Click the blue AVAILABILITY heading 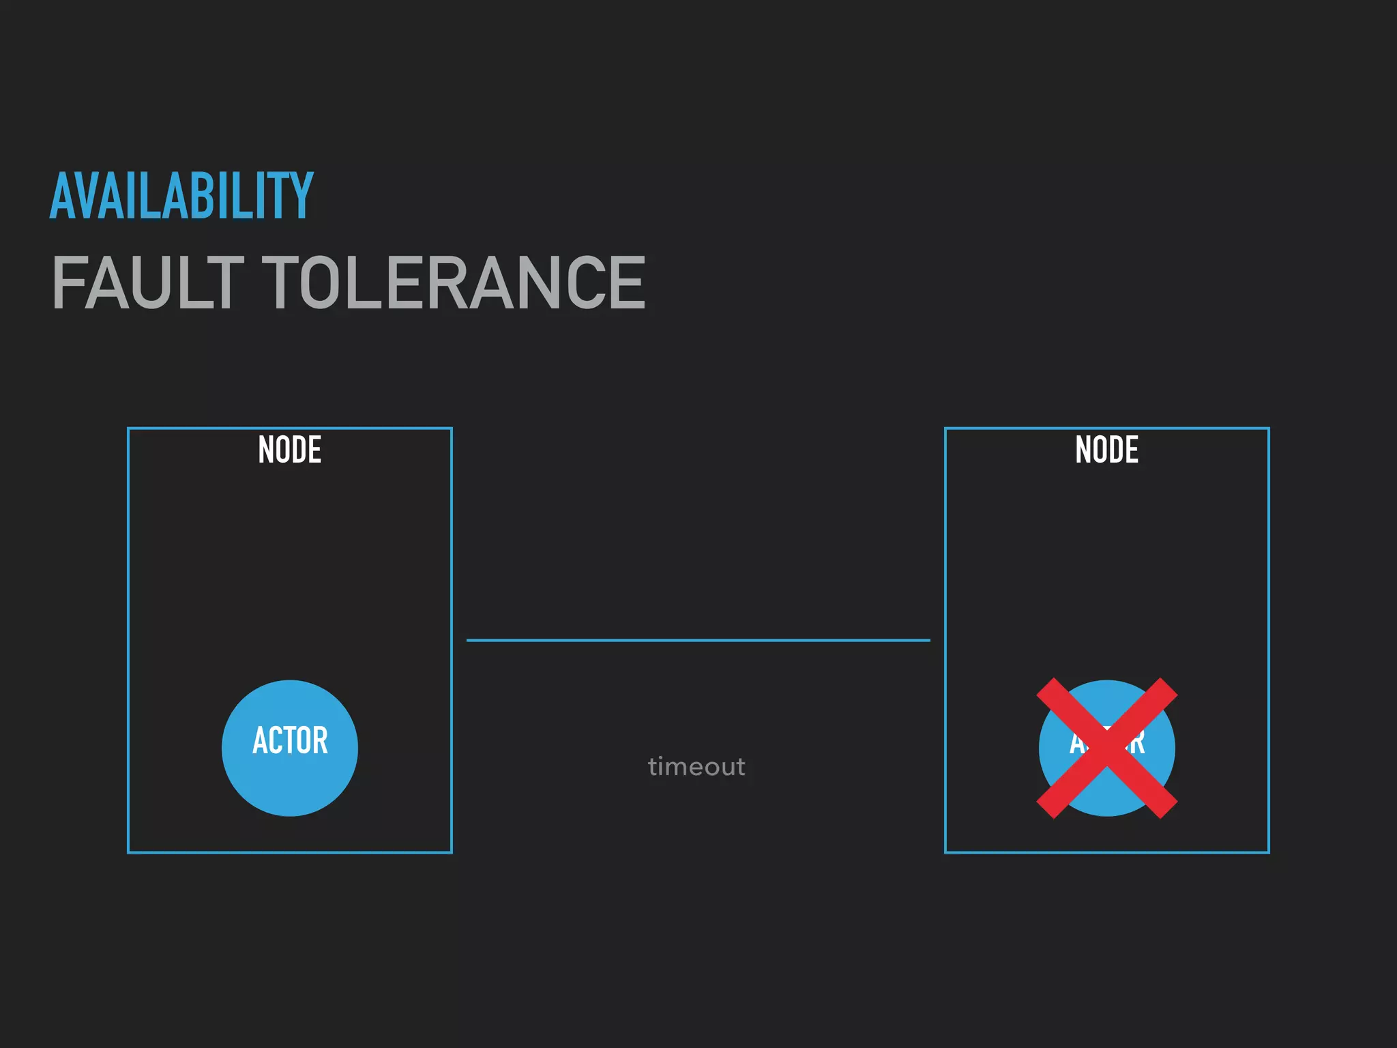click(181, 196)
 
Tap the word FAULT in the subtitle click(147, 282)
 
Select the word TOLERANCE click(454, 282)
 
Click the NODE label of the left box click(289, 450)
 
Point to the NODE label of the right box click(1106, 450)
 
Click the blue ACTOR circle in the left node click(290, 748)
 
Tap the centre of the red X click(1106, 748)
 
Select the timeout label click(696, 767)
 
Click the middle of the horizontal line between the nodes click(698, 640)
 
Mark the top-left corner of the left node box click(129, 429)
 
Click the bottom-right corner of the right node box click(1268, 851)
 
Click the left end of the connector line click(468, 640)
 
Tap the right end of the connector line click(929, 640)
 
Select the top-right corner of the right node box click(1268, 429)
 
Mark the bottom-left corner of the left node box click(129, 851)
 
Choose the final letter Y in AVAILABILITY click(299, 196)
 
